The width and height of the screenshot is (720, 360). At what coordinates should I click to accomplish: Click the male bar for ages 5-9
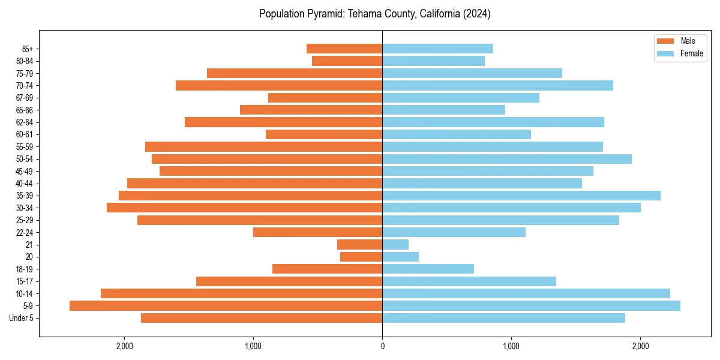pos(226,305)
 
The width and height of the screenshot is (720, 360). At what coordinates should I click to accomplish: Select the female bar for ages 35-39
pos(521,196)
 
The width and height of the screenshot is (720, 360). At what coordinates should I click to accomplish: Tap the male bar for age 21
pos(359,244)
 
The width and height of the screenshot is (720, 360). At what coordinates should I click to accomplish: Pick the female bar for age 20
pos(400,257)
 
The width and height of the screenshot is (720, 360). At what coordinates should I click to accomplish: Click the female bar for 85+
pos(437,49)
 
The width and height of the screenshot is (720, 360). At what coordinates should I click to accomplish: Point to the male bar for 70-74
pos(279,85)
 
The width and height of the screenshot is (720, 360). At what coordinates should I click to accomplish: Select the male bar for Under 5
pos(262,318)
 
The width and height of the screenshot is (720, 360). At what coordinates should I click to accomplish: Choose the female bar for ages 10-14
pos(526,293)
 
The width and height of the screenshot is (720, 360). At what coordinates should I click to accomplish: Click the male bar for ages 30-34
pos(244,208)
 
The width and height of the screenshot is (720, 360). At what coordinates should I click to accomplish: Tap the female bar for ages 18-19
pos(428,269)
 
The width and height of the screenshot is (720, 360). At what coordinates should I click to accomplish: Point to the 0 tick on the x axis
pos(382,346)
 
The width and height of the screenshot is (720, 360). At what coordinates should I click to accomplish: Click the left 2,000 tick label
pos(124,346)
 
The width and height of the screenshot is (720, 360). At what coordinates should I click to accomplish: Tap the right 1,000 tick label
pos(511,346)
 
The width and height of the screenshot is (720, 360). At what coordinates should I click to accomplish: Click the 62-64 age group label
pos(25,122)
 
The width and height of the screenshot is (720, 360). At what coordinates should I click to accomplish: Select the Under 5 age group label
pos(22,318)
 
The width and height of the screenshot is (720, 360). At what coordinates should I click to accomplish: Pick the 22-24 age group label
pos(25,232)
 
